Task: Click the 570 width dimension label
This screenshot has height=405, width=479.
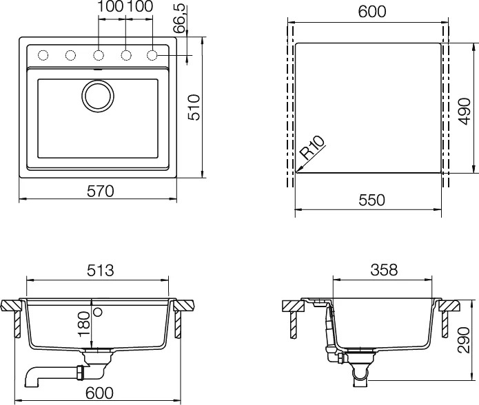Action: tap(100, 191)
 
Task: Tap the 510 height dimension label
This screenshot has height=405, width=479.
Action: tap(194, 107)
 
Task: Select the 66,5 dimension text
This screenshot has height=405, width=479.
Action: tap(179, 19)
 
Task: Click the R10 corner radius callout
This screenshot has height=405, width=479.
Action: tap(312, 148)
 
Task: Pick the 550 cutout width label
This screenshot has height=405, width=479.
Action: tap(371, 200)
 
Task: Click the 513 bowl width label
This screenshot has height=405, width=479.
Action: tap(100, 271)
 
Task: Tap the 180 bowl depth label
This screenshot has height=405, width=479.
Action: tap(85, 324)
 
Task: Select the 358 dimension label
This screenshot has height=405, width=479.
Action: tap(384, 270)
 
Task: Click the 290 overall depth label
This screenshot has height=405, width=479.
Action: tap(464, 340)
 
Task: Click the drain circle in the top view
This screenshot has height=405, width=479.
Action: tap(98, 96)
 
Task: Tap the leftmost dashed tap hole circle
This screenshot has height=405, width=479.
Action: tap(43, 55)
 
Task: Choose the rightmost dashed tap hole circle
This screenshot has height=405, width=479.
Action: tap(152, 55)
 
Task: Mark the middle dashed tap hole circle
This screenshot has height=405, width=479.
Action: tap(98, 55)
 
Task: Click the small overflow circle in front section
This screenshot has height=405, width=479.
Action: tap(98, 311)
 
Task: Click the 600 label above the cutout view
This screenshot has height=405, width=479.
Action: tap(371, 12)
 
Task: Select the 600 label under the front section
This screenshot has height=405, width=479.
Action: tap(99, 393)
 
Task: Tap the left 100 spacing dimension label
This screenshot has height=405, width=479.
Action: tap(110, 6)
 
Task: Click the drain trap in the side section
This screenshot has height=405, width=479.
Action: tap(359, 368)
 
